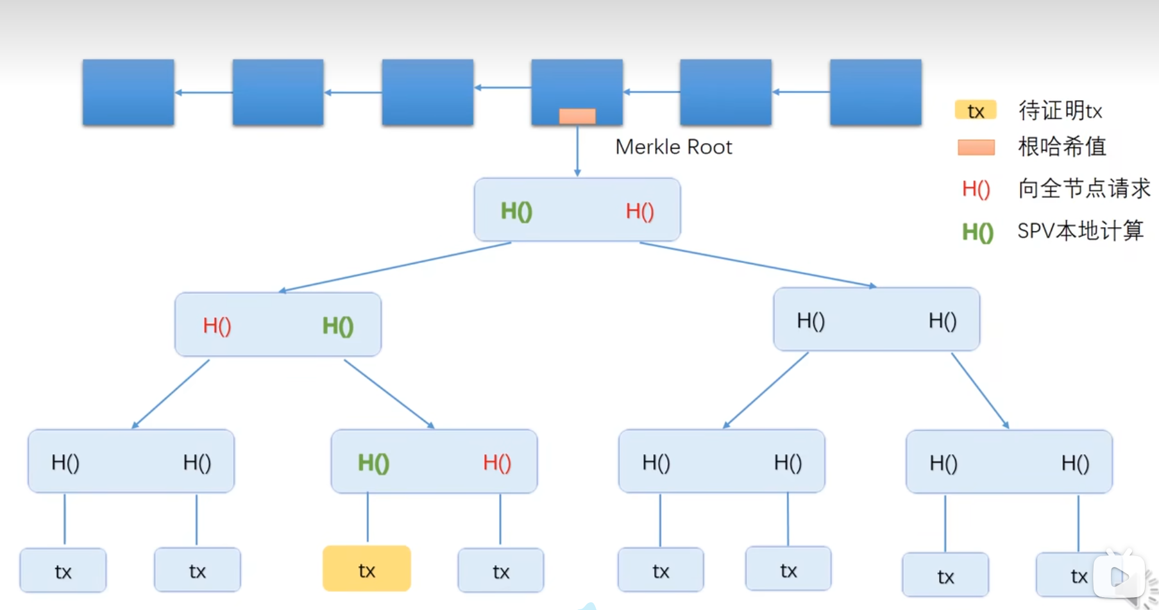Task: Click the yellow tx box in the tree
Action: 366,569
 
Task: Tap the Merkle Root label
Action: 673,147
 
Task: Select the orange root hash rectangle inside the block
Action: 577,116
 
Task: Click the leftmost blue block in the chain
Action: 128,92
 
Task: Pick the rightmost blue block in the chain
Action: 876,92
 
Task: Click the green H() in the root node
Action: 516,211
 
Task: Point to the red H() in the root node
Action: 639,211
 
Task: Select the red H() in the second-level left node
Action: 217,326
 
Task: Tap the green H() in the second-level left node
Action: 338,326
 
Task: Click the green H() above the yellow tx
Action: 373,462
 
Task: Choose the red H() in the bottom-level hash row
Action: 497,462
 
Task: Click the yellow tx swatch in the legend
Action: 976,110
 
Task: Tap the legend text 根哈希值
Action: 1062,147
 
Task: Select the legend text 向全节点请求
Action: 1085,188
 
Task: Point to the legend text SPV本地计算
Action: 1081,230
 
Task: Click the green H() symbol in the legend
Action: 977,232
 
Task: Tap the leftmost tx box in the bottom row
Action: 63,570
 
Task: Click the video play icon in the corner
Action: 1119,576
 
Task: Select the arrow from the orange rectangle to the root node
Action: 577,151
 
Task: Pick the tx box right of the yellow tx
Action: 501,570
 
